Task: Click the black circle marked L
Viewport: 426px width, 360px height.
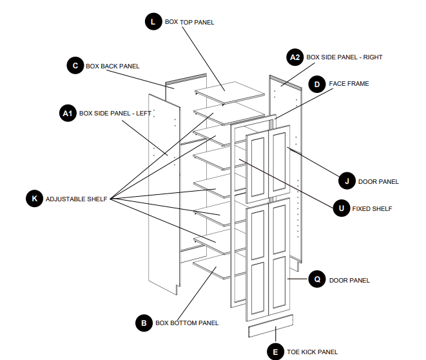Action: pos(153,21)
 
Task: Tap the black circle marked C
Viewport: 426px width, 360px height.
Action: pos(75,65)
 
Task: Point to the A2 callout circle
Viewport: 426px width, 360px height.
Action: pos(295,57)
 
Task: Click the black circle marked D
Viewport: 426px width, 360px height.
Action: pos(316,84)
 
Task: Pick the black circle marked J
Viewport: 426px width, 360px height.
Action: pos(347,181)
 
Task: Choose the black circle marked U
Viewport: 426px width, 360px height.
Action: pos(341,208)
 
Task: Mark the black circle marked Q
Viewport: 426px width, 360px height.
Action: pos(316,279)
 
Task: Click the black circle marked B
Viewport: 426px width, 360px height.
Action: pos(144,323)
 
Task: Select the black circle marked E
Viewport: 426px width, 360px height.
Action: pos(275,352)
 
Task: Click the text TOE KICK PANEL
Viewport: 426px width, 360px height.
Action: pos(312,352)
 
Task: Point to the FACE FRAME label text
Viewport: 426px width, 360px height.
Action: pos(349,84)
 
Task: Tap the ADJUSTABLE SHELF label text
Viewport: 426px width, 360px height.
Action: pos(76,199)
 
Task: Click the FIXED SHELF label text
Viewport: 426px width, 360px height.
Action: pos(372,209)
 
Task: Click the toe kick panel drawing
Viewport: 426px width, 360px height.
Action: pos(271,327)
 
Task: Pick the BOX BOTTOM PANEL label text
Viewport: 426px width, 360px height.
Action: pos(187,323)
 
